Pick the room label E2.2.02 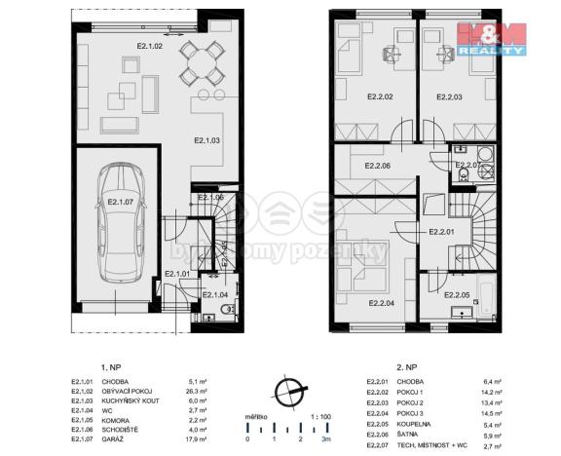380,96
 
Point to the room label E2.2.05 458,294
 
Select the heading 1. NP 108,368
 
